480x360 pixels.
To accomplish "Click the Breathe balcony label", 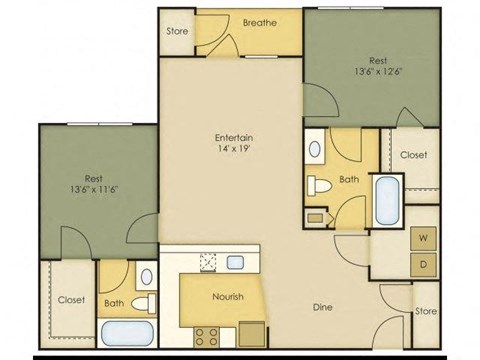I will [259, 22].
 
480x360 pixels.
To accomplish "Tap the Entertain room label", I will [232, 137].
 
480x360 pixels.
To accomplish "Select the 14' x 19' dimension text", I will [232, 150].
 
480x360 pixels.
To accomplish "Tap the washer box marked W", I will [422, 238].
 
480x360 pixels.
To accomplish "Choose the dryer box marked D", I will [422, 263].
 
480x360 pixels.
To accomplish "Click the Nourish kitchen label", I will [228, 296].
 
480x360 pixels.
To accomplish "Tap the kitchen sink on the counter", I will [236, 262].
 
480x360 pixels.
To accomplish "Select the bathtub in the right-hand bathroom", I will [385, 200].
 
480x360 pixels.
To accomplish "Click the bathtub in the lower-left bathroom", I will [127, 334].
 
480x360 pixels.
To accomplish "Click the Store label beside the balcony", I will [176, 31].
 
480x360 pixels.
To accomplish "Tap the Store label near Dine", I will [426, 312].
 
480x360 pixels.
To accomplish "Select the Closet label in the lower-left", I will [70, 299].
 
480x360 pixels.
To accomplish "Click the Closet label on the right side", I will [414, 155].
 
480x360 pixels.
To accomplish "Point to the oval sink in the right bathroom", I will [316, 150].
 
